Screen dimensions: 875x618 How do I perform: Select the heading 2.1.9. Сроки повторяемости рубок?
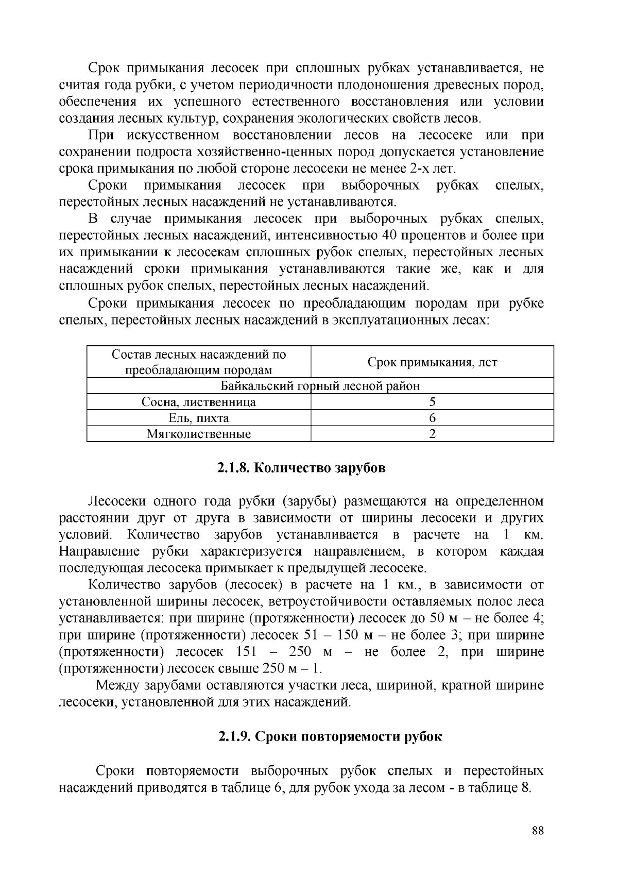point(330,736)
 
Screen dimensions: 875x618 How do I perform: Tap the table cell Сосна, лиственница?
point(199,402)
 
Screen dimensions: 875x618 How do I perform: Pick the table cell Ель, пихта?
point(199,418)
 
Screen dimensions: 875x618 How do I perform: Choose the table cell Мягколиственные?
point(199,434)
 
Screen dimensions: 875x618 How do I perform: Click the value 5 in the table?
point(432,402)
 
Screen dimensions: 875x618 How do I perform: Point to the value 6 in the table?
point(432,418)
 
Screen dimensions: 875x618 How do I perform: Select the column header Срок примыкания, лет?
point(432,362)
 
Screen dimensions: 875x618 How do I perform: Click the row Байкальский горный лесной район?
point(320,386)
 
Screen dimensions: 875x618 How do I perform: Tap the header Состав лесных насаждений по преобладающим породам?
point(199,362)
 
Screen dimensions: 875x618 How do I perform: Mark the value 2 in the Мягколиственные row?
point(432,434)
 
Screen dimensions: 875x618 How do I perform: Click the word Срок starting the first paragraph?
point(104,68)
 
